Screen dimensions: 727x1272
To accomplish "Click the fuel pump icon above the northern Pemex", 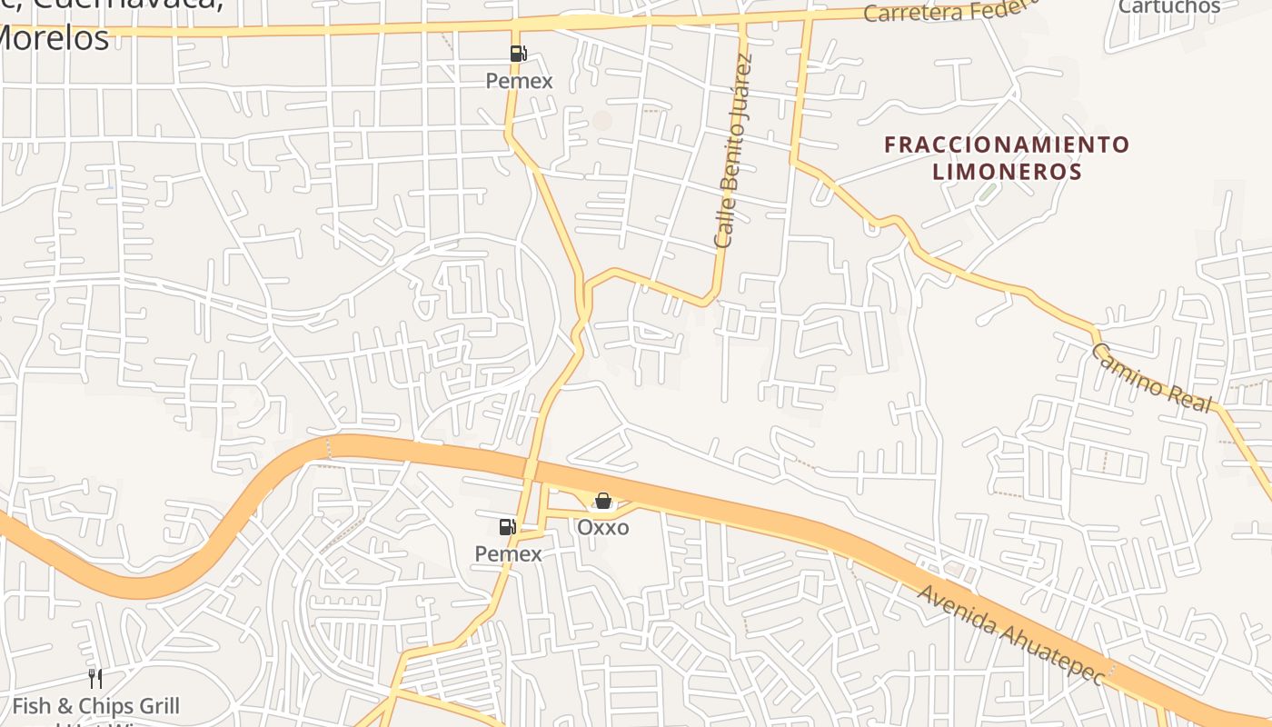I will pyautogui.click(x=518, y=54).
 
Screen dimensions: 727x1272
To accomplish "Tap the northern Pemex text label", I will pyautogui.click(x=519, y=81).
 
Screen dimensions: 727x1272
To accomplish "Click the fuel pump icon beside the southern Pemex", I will pyautogui.click(x=507, y=526).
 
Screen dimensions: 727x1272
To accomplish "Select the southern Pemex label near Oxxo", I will pyautogui.click(x=508, y=553).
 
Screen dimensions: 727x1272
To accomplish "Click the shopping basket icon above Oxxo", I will pyautogui.click(x=602, y=501).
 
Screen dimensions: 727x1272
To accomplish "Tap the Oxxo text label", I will pyautogui.click(x=602, y=527).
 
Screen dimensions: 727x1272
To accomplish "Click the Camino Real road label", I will pyautogui.click(x=1150, y=378).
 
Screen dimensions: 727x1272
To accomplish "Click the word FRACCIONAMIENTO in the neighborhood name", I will pyautogui.click(x=1007, y=144).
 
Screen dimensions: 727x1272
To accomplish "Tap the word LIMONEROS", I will pyautogui.click(x=1007, y=172).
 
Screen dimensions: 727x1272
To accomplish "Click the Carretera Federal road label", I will pyautogui.click(x=949, y=11).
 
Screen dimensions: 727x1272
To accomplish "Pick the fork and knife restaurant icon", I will pyautogui.click(x=94, y=678).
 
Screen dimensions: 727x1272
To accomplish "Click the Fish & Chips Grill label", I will pyautogui.click(x=95, y=706).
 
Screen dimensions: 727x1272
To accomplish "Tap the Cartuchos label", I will pyautogui.click(x=1169, y=7).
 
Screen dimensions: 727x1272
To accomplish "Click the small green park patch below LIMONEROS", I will pyautogui.click(x=987, y=193).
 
